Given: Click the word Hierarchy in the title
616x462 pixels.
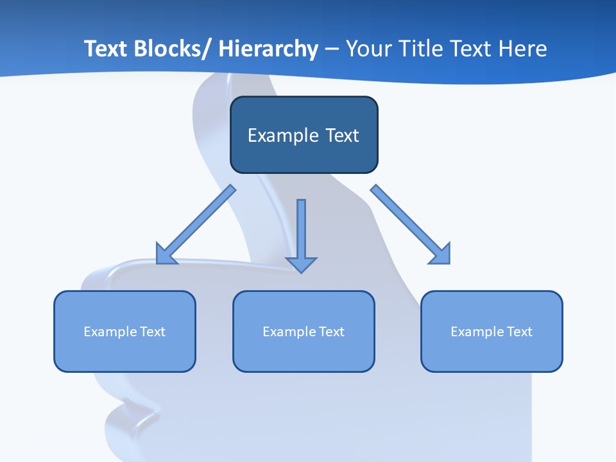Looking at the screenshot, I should click(268, 49).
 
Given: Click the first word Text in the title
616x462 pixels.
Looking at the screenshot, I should click(106, 49).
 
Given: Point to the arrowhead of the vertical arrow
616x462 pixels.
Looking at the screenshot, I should click(301, 264).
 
